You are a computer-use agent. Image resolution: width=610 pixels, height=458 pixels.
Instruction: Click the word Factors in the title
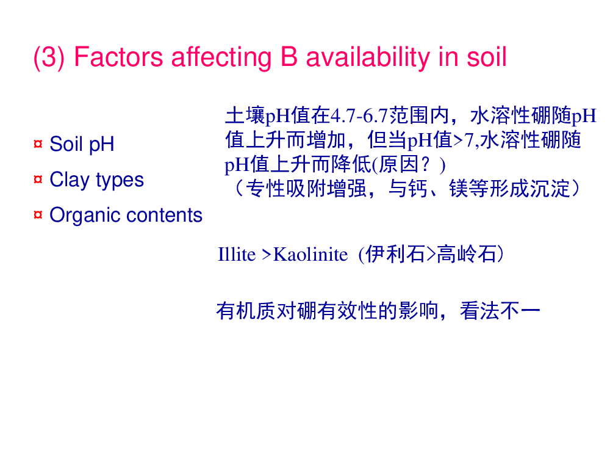coord(118,57)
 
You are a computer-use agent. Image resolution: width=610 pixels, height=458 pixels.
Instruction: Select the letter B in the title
coord(289,57)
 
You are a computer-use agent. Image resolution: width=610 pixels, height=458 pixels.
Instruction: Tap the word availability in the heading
coord(368,57)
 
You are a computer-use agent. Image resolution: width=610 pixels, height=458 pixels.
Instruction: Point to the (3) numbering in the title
coord(49,57)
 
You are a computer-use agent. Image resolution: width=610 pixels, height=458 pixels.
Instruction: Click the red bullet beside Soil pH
coord(38,144)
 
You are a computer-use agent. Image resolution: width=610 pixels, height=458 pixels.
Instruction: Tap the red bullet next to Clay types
coord(38,180)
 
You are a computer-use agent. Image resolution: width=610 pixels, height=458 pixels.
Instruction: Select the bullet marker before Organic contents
coord(38,214)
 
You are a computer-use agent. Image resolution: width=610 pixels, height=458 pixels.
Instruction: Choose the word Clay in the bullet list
coord(70,180)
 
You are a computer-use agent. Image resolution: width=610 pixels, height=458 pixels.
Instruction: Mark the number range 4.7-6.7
coord(359,115)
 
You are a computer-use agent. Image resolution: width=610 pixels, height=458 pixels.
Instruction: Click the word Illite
coord(237,255)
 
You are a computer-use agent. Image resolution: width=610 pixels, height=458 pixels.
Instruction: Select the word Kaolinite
coord(310,255)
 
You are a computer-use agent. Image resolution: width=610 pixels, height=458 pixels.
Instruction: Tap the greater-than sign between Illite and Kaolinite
coord(266,255)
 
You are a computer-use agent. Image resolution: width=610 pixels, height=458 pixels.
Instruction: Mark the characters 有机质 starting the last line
coord(246,311)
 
